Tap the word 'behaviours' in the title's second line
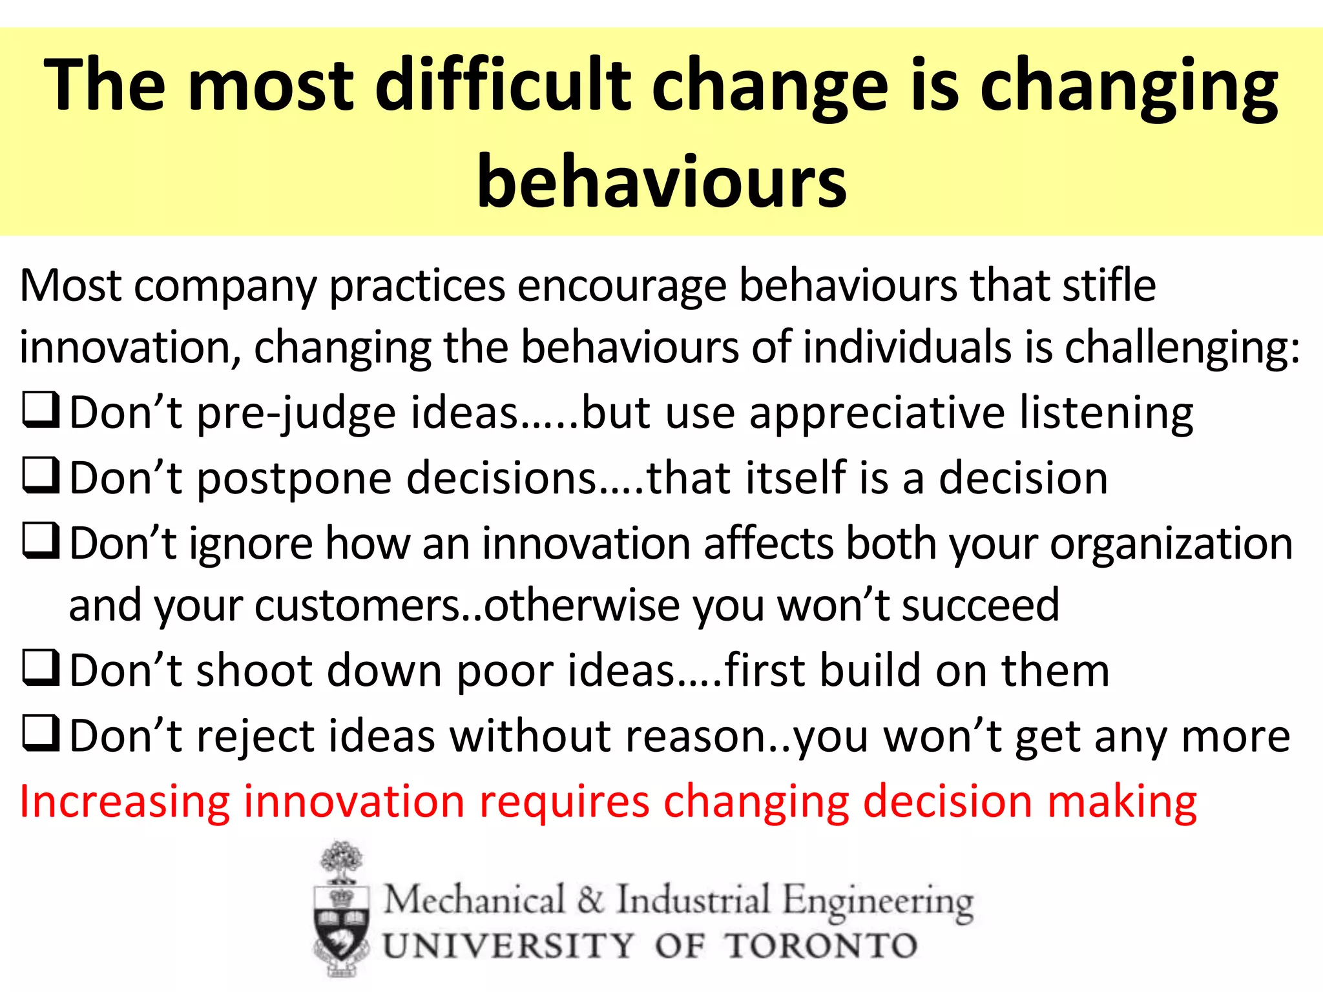[x=661, y=182]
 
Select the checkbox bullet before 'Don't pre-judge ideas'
[x=41, y=411]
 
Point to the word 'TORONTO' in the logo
[x=820, y=946]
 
